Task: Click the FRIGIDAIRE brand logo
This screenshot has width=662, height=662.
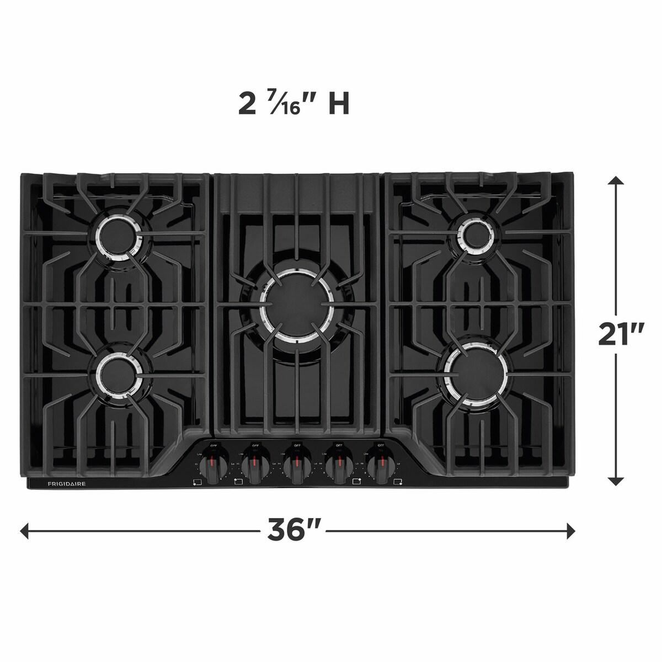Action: click(x=62, y=484)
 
